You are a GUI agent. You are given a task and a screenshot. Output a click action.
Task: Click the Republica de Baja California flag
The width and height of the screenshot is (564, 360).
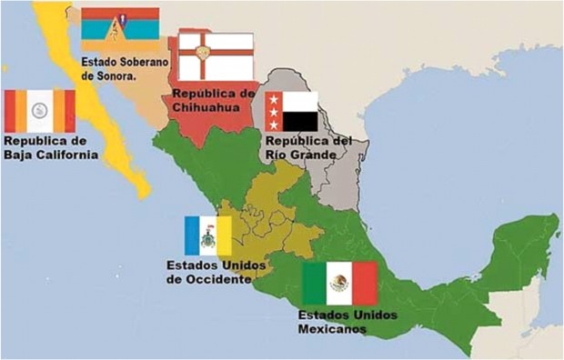pyautogui.click(x=39, y=111)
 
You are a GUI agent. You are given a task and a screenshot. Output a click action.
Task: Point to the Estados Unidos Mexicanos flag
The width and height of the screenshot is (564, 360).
pyautogui.click(x=339, y=283)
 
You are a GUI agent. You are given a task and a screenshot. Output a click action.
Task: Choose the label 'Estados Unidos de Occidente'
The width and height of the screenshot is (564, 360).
pyautogui.click(x=208, y=272)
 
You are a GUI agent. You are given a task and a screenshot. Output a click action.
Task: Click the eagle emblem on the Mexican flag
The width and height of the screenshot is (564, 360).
pyautogui.click(x=339, y=282)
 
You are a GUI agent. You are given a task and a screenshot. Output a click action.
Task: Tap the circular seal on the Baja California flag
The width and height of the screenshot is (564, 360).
pyautogui.click(x=39, y=111)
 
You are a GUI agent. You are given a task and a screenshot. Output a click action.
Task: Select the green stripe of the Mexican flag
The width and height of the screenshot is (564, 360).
pyautogui.click(x=315, y=283)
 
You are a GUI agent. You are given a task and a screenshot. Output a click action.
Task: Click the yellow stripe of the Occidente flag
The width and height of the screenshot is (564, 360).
pyautogui.click(x=223, y=235)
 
